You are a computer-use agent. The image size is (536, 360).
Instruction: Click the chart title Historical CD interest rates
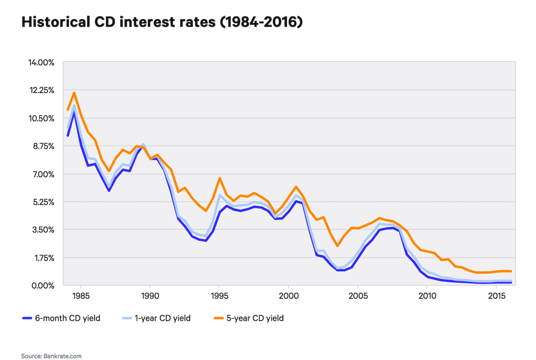click(x=162, y=23)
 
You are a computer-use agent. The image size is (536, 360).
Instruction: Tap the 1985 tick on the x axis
click(x=80, y=296)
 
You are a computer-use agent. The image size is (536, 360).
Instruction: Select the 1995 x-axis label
click(x=219, y=296)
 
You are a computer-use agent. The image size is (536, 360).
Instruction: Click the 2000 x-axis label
click(x=289, y=296)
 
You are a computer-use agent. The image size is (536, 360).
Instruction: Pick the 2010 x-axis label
click(x=427, y=296)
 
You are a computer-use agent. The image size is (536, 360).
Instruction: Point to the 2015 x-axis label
click(x=496, y=296)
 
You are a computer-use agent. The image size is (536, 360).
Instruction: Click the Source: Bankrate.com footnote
click(x=51, y=356)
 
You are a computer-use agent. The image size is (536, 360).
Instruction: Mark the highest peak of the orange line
click(x=74, y=92)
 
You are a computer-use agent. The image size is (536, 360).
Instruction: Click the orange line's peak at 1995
click(x=219, y=178)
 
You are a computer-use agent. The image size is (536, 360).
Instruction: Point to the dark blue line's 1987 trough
click(x=109, y=190)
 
